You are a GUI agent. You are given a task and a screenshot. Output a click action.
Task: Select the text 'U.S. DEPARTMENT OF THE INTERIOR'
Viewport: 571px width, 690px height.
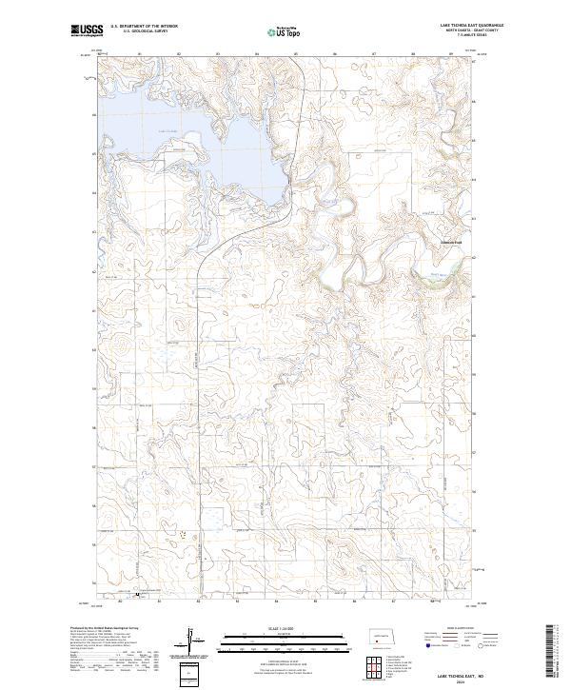(143, 26)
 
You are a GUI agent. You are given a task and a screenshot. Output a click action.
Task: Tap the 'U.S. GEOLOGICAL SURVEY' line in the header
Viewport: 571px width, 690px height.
(143, 30)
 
